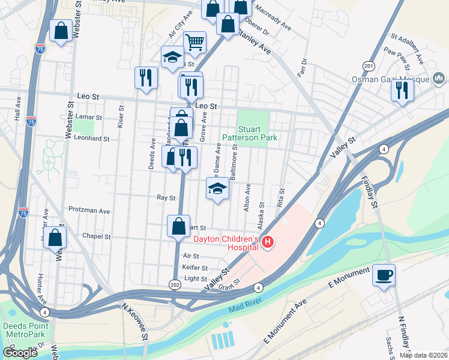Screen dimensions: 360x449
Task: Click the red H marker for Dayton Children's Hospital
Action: (x=268, y=242)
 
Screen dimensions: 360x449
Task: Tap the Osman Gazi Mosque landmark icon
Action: (x=438, y=79)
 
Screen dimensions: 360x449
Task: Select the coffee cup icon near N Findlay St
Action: (x=384, y=275)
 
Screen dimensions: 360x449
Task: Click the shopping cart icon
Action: (x=194, y=42)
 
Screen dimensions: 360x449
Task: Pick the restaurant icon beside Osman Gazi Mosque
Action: (x=402, y=90)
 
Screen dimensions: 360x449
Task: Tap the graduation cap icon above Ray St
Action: (x=217, y=188)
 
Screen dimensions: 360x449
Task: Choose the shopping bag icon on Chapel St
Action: (x=55, y=238)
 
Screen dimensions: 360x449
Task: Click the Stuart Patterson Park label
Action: (x=258, y=133)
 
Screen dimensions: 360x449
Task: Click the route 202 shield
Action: (x=175, y=283)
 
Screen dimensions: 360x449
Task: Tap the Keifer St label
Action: (x=196, y=268)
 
